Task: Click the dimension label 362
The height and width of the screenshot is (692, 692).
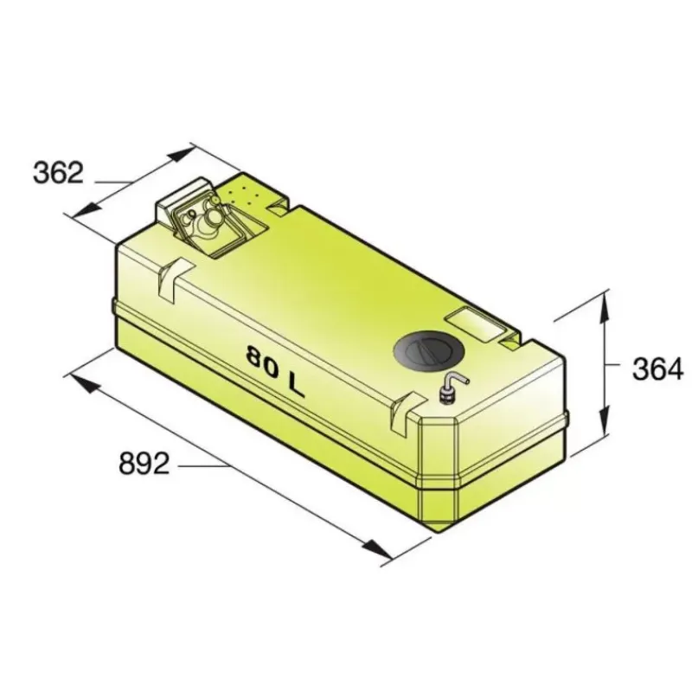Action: click(x=58, y=172)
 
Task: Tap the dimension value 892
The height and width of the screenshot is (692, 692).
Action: click(x=144, y=464)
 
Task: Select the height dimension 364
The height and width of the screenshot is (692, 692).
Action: click(x=658, y=368)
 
